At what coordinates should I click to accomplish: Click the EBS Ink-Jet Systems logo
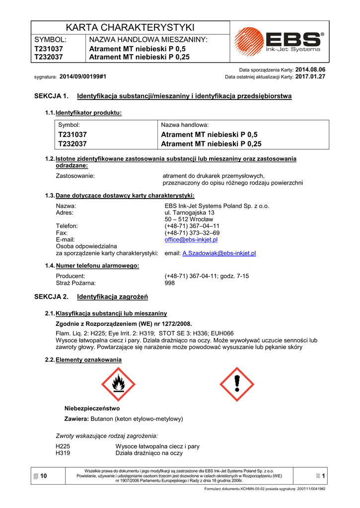[279, 42]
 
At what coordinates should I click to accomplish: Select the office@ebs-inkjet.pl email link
[191, 240]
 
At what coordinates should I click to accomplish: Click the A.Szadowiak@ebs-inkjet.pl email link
[219, 253]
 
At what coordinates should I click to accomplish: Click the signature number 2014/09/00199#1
[83, 77]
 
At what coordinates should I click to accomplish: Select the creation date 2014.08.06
[310, 70]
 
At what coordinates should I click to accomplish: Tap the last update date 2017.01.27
[310, 77]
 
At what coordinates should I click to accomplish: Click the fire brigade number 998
[170, 283]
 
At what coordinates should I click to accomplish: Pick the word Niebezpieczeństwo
[92, 408]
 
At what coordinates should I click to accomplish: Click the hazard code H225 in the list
[63, 446]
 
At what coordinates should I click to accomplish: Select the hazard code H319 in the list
[63, 453]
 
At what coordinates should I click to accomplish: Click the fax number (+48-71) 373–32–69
[192, 233]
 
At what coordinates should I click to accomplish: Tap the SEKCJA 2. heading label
[51, 297]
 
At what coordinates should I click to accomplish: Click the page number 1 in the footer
[323, 476]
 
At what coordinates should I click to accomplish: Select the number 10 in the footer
[44, 476]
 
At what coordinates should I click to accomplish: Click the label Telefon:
[67, 226]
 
